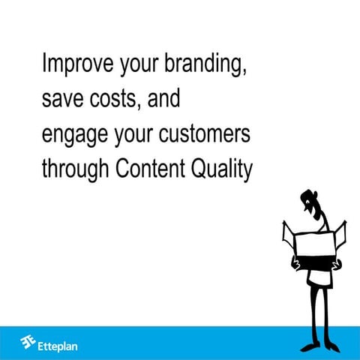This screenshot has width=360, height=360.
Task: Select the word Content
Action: [150, 169]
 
